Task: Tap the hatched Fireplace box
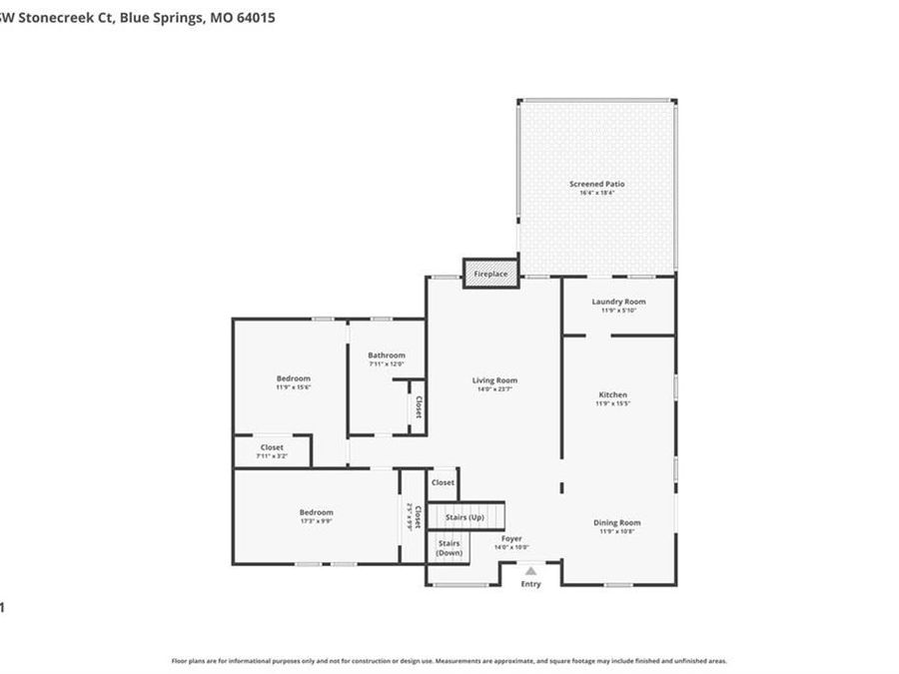pos(490,273)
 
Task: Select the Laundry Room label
pos(618,302)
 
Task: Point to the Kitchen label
pos(611,394)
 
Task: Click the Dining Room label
pos(617,522)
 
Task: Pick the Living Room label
pos(494,379)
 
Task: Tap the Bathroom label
pos(387,355)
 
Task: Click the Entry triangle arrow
pos(530,571)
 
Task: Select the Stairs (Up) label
pos(464,517)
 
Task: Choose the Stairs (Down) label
pos(449,547)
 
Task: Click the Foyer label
pos(511,539)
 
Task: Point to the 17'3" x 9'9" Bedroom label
pos(316,512)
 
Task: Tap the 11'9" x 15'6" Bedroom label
pos(294,378)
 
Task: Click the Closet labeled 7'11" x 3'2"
pos(272,447)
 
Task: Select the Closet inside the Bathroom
pos(418,406)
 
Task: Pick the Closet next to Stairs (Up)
pos(443,482)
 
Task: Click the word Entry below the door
pos(530,584)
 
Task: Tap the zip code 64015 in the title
pos(256,18)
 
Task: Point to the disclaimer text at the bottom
pos(449,660)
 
